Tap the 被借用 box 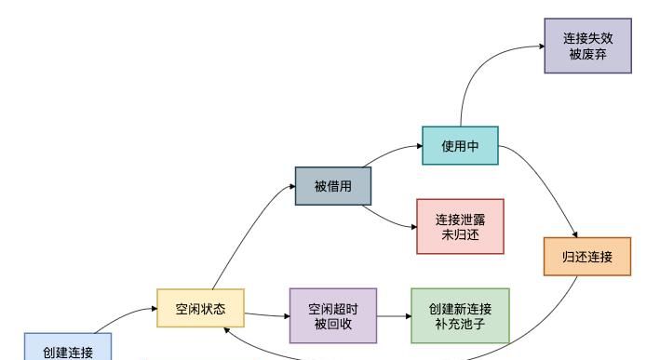(x=333, y=186)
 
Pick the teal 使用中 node (x=461, y=146)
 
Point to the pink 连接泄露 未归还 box (x=461, y=226)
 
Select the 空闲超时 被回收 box (x=333, y=314)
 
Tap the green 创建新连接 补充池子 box (x=461, y=314)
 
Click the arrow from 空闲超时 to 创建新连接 (x=394, y=315)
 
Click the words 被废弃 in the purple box (x=588, y=54)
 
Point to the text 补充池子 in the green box (x=461, y=322)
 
